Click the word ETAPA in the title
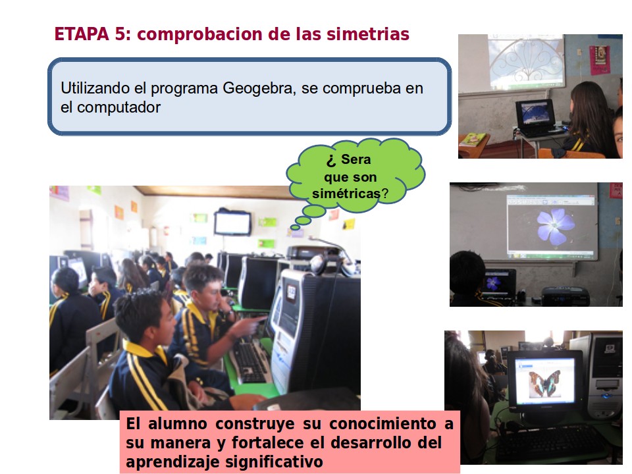coord(82,34)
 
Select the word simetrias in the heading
coord(368,34)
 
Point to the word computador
coord(118,107)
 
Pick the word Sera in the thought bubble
coord(356,159)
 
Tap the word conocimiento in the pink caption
coord(382,423)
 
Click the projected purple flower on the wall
coord(554,226)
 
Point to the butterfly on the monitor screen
coord(544,383)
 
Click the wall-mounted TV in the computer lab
coord(232,223)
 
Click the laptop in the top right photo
coord(535,118)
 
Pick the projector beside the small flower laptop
coord(565,296)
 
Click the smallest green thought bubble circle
coord(296,228)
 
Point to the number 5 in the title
coord(120,34)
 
